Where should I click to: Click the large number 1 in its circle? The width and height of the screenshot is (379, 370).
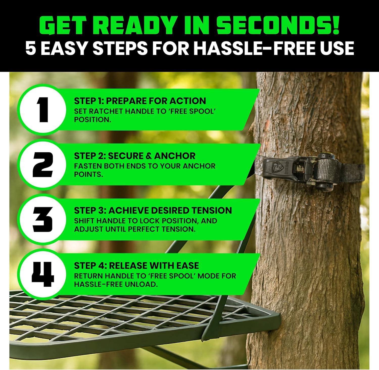point(43,109)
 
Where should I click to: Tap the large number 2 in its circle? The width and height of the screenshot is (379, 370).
point(43,164)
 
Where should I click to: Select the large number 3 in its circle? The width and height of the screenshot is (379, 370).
point(43,219)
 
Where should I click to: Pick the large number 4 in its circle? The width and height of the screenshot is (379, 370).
point(43,274)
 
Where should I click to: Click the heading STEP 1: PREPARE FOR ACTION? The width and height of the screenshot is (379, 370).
point(140,101)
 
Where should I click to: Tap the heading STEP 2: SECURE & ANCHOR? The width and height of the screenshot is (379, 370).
point(135,156)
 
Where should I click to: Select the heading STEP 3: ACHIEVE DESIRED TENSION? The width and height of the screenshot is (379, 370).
point(153,211)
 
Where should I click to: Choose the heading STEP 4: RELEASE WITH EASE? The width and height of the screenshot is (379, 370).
point(136,265)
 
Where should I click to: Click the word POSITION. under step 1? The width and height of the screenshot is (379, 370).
point(92,120)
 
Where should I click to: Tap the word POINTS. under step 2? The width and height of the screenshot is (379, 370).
point(88,174)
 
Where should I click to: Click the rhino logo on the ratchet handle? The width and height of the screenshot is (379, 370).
point(274,166)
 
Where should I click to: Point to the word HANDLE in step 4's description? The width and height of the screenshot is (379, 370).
point(119,276)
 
